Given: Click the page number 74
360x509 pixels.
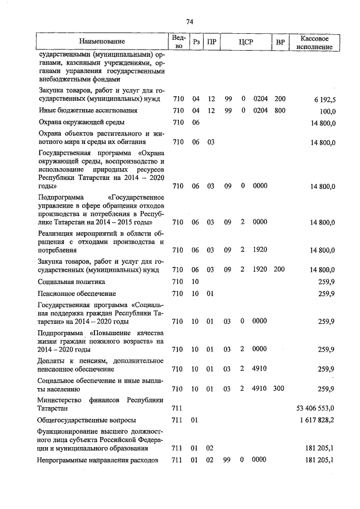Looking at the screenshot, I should [190, 22].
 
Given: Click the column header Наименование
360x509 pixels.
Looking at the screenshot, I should [102, 42].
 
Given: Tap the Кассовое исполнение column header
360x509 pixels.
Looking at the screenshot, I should [318, 42].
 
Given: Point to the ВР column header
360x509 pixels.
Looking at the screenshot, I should [280, 42].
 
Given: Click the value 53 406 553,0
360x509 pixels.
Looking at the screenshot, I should [316, 408].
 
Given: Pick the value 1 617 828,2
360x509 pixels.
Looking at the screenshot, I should [317, 420].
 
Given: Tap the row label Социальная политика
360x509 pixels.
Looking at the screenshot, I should [72, 281].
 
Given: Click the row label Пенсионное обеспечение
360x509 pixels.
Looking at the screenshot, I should [77, 294].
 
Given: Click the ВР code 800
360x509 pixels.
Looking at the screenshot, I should [280, 110].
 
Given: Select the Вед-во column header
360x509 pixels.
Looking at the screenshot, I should [178, 42].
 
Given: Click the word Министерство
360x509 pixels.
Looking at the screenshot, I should [62, 400].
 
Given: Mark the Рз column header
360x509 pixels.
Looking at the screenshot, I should [196, 42].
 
